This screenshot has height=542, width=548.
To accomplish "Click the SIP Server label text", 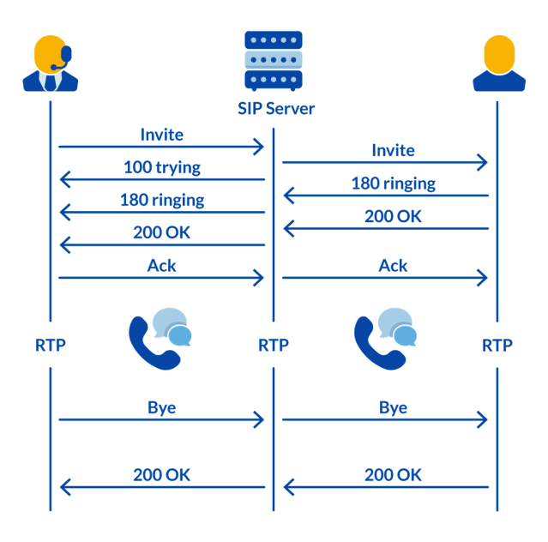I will [x=275, y=108].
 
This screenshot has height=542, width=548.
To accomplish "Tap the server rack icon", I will [x=274, y=60].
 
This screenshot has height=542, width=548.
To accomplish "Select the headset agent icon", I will [x=51, y=63].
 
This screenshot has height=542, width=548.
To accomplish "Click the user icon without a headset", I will [x=498, y=63].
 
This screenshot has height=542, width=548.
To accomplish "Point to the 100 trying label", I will [x=161, y=167].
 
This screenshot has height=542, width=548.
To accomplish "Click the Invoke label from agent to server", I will [x=161, y=135].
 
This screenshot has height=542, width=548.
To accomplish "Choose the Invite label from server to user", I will [x=393, y=150].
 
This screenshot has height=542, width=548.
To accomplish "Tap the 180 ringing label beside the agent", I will [x=161, y=200].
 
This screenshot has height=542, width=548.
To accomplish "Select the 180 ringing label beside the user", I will [x=393, y=183].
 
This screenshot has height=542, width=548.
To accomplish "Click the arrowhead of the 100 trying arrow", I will [x=62, y=179].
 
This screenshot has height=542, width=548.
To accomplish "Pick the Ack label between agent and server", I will [x=161, y=265].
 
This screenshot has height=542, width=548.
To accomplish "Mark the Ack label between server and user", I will [x=393, y=265].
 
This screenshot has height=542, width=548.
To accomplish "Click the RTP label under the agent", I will [x=51, y=346].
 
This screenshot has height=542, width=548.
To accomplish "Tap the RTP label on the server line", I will [x=274, y=346].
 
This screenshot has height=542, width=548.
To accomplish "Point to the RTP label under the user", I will [x=497, y=346].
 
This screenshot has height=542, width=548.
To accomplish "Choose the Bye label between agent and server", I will [x=161, y=407].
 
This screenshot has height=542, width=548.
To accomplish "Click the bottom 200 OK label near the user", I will [x=393, y=474].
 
